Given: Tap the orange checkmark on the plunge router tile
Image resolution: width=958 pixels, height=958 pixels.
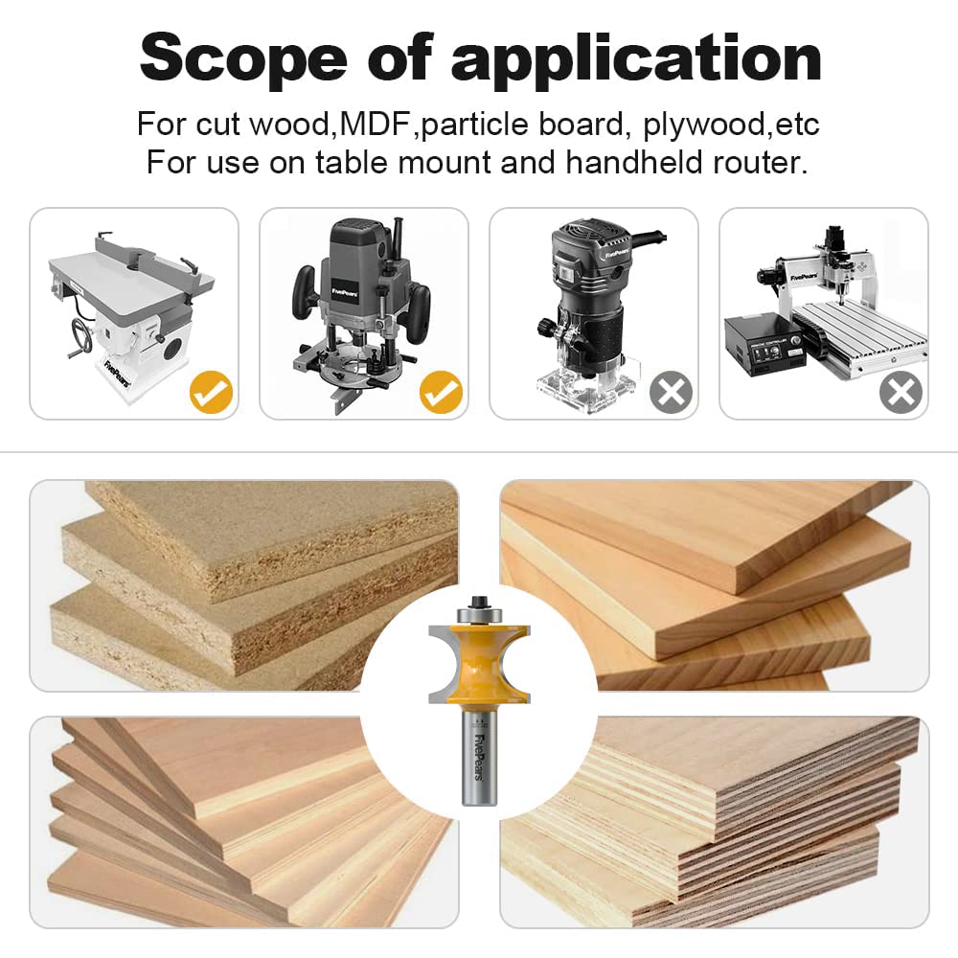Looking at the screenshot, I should pyautogui.click(x=441, y=392).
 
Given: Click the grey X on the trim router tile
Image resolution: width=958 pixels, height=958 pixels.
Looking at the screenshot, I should pyautogui.click(x=671, y=392).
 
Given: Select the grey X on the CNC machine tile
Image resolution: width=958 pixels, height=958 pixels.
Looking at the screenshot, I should pyautogui.click(x=901, y=392).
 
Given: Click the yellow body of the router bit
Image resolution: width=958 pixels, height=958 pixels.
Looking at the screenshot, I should pyautogui.click(x=478, y=661).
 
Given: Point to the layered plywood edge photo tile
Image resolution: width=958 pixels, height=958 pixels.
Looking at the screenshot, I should pyautogui.click(x=766, y=824).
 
